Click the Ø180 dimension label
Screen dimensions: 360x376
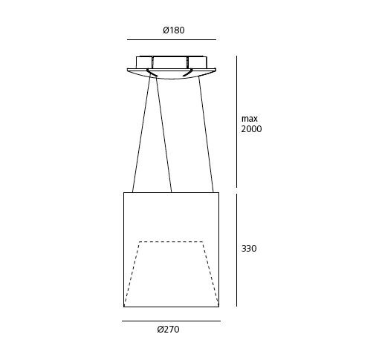pyautogui.click(x=173, y=30)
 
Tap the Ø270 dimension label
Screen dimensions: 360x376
pyautogui.click(x=168, y=330)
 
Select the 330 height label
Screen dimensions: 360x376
pyautogui.click(x=249, y=249)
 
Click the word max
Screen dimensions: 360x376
pyautogui.click(x=249, y=118)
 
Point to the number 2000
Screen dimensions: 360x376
pyautogui.click(x=252, y=129)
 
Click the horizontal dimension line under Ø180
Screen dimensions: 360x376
pyautogui.click(x=172, y=39)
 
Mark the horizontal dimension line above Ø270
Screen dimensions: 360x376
pyautogui.click(x=171, y=321)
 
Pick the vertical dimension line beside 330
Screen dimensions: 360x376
pyautogui.click(x=236, y=249)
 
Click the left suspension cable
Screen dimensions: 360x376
pyautogui.click(x=141, y=134)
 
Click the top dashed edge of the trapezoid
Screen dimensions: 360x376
pyautogui.click(x=171, y=241)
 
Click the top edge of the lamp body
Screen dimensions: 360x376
pyautogui.click(x=171, y=193)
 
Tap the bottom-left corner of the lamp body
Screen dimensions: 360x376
pyautogui.click(x=124, y=306)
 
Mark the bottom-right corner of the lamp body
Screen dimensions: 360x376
pyautogui.click(x=218, y=306)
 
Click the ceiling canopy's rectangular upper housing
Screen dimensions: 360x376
pyautogui.click(x=172, y=62)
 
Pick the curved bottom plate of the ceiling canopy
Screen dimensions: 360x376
pyautogui.click(x=172, y=75)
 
